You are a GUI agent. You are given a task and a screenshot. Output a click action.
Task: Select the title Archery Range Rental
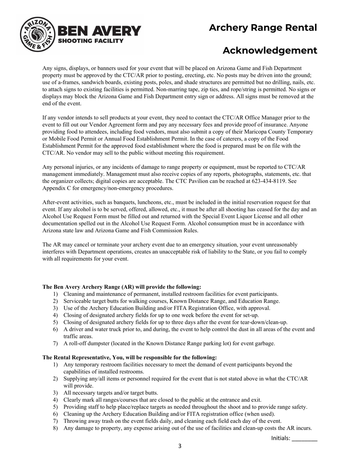pyautogui.click(x=263, y=28)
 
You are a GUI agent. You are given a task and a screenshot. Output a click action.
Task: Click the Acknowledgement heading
pyautogui.click(x=269, y=50)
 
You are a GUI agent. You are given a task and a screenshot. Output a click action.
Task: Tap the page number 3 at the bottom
pyautogui.click(x=180, y=446)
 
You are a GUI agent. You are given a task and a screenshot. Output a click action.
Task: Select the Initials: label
pyautogui.click(x=280, y=438)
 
